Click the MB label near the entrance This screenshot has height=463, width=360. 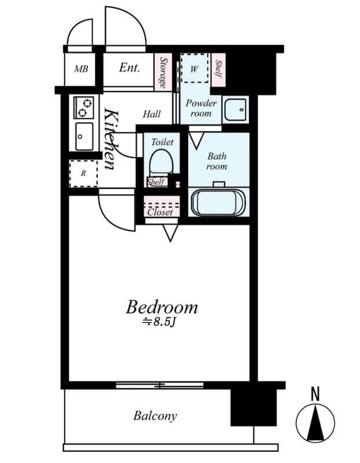click(81, 69)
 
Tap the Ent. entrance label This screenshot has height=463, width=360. click(129, 68)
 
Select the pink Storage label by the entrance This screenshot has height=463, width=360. click(164, 72)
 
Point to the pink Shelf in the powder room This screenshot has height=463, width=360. click(218, 69)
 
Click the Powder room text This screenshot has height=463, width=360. click(201, 108)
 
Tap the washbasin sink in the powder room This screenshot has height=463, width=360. click(236, 109)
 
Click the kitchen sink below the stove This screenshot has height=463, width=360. click(85, 136)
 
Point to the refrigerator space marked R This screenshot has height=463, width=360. click(83, 173)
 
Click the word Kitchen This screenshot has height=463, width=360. click(111, 139)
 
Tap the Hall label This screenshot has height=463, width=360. click(152, 115)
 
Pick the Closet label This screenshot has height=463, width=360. click(160, 212)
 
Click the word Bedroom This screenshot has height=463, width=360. click(161, 307)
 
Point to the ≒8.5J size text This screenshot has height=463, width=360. click(159, 322)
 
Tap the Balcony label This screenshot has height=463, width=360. click(155, 416)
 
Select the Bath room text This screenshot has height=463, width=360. click(217, 161)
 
